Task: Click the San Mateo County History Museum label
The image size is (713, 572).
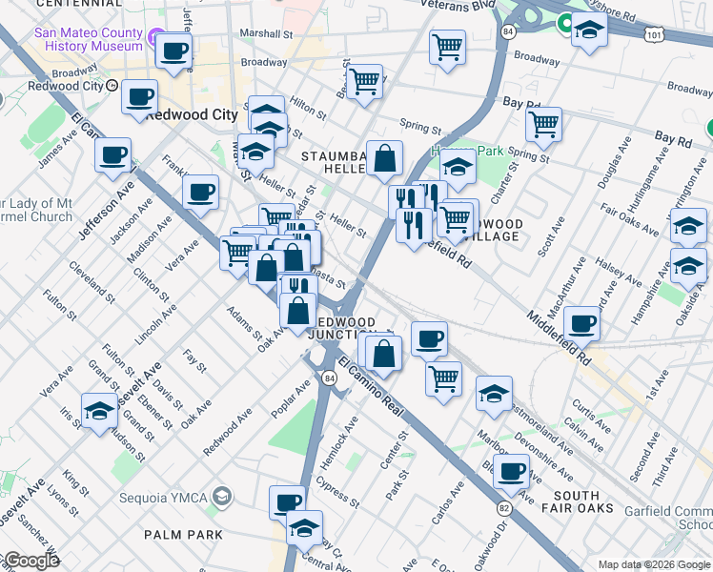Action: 88,38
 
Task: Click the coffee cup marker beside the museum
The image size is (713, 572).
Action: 173,53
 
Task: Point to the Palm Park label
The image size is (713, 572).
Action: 183,535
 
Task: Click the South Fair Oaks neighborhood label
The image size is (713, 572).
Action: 576,502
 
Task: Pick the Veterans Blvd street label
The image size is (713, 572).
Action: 457,5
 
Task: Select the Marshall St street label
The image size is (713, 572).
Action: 265,32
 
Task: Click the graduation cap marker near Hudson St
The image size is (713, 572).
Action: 98,412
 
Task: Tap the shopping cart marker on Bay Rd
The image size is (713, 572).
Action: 542,124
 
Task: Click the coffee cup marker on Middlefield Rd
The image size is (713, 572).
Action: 581,324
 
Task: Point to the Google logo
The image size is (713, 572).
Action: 31,561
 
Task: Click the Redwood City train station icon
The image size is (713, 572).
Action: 112,85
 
